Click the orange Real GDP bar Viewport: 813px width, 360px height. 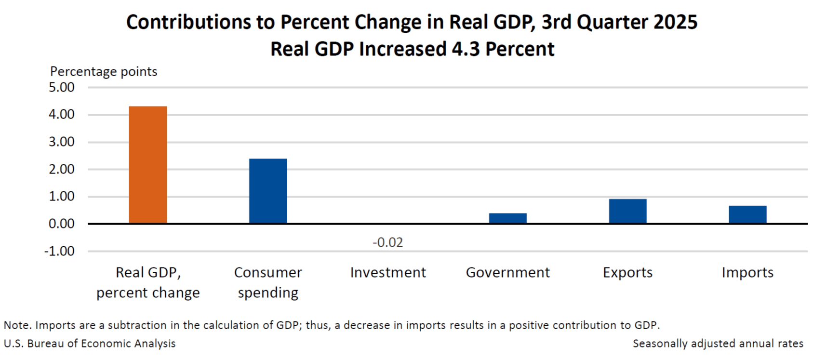[x=148, y=165]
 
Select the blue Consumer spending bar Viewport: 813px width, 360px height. [x=268, y=191]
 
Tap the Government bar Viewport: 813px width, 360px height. [x=508, y=218]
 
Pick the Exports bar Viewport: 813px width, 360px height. [x=627, y=211]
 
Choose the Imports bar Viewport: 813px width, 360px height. [x=747, y=214]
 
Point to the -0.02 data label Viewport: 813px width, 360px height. [x=388, y=242]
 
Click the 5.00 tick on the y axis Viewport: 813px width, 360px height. [x=62, y=88]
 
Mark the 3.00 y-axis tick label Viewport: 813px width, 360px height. [x=62, y=142]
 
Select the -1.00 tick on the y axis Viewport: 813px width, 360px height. [x=60, y=252]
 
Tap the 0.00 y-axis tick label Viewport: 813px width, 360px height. [x=62, y=224]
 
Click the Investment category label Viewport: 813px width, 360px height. [x=388, y=273]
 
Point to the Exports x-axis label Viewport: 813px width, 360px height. [x=627, y=273]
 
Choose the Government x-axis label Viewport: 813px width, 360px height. [x=508, y=273]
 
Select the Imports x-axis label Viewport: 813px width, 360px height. [x=747, y=273]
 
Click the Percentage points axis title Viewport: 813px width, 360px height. [x=104, y=72]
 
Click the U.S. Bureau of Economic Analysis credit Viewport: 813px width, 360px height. [x=90, y=344]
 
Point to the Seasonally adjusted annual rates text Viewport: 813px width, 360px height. [x=718, y=344]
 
